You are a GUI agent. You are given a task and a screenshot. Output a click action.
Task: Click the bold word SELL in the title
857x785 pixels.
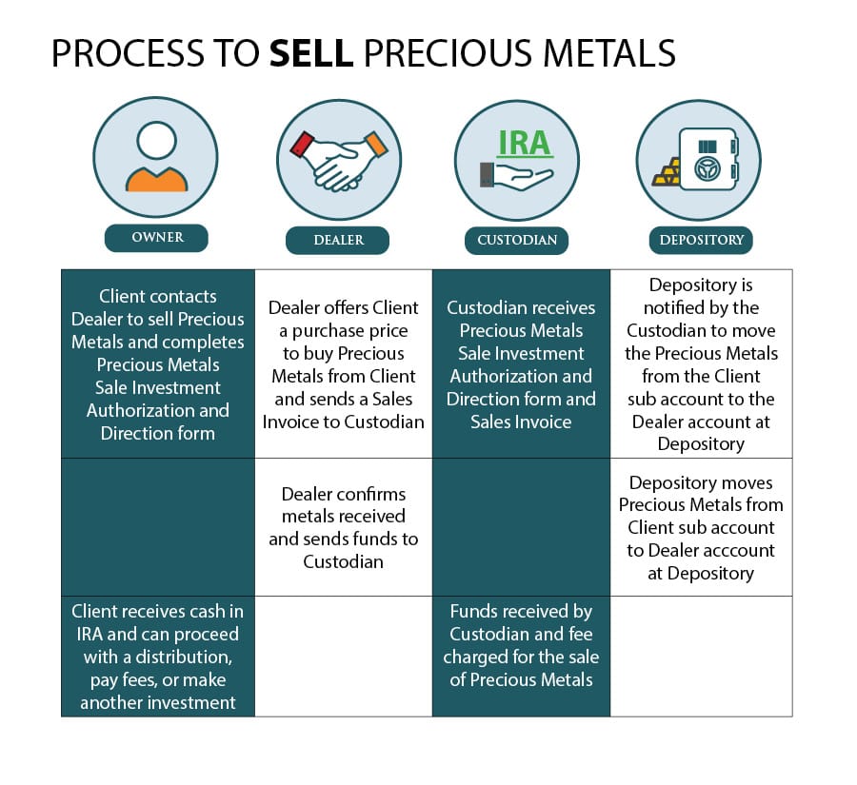coord(311,53)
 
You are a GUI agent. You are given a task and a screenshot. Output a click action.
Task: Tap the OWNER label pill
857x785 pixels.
coord(156,238)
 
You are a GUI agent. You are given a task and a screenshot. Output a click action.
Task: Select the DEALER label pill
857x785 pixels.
coord(338,240)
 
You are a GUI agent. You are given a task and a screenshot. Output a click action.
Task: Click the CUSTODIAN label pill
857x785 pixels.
coord(516,240)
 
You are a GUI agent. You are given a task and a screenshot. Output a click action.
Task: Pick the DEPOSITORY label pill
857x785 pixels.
coord(701,240)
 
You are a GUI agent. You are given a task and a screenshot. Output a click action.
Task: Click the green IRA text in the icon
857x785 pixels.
coord(524,143)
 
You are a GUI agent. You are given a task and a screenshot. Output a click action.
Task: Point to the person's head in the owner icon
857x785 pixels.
coord(156,141)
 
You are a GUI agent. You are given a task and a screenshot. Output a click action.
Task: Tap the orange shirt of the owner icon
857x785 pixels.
coord(156,179)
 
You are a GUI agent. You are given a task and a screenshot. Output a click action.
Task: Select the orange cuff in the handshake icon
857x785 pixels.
coord(376,145)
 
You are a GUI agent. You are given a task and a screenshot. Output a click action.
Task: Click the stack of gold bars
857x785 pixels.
coord(668,172)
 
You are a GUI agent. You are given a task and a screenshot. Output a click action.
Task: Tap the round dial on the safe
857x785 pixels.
coord(708,168)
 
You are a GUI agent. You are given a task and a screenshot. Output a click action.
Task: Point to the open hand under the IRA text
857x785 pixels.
coord(517,176)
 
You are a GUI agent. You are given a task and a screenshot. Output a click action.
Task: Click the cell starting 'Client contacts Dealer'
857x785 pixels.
coord(158,363)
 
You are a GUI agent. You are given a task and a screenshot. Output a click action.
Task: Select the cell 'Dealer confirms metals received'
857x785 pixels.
coord(343,527)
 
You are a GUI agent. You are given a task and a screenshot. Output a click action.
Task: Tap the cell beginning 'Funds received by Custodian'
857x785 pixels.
coord(521,657)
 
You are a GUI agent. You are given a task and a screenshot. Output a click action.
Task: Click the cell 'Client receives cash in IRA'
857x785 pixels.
coord(158,657)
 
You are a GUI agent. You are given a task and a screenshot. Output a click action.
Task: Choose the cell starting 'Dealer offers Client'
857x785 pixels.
coord(343,363)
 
